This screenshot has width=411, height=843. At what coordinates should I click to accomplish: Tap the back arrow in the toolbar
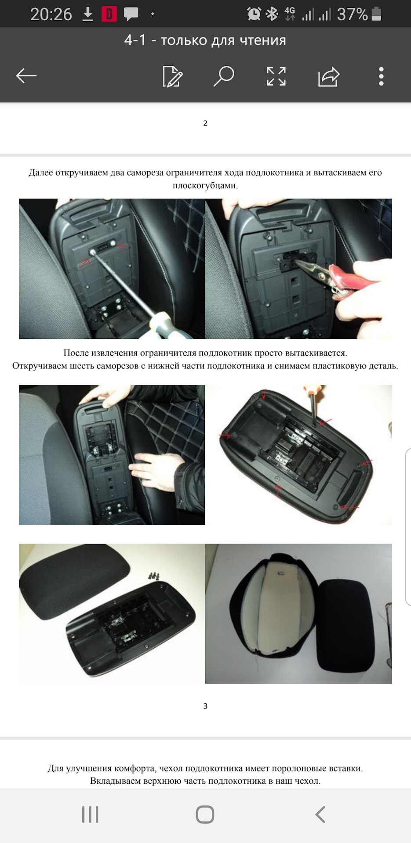click(26, 76)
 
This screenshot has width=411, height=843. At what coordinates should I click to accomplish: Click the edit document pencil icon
click(172, 76)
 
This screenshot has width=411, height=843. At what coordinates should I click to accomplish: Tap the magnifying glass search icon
click(224, 76)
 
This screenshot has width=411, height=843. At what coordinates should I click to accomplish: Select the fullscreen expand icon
click(276, 76)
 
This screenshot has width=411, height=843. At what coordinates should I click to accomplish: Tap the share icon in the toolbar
click(329, 76)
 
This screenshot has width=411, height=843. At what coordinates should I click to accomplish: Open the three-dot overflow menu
click(381, 76)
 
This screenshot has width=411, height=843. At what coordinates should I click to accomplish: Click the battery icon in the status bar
click(376, 14)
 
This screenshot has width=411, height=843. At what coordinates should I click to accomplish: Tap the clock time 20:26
click(51, 14)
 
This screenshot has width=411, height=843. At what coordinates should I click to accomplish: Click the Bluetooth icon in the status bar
click(273, 14)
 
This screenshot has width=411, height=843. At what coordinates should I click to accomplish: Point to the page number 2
click(205, 123)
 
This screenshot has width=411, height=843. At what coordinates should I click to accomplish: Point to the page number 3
click(205, 706)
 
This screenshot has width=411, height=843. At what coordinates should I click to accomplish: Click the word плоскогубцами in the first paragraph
click(205, 185)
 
